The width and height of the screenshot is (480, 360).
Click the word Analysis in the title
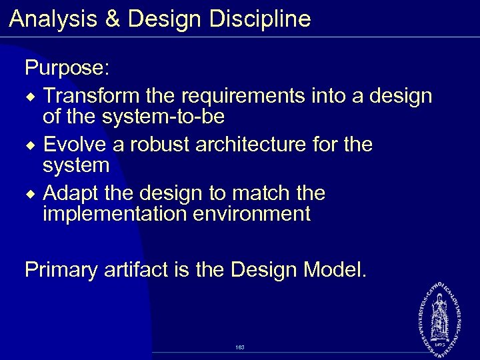pos(51,19)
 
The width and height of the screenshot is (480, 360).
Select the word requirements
pos(242,97)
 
